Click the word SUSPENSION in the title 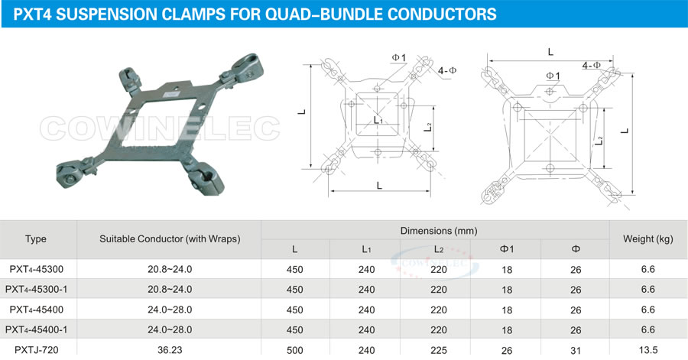pos(115,14)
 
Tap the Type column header pos(36,239)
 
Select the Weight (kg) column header pos(647,239)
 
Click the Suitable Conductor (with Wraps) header pos(170,239)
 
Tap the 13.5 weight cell pos(647,349)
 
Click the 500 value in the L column pos(295,349)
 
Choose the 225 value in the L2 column pos(438,349)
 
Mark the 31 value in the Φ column pos(576,349)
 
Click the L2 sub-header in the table pos(438,249)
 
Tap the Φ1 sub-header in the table pos(507,249)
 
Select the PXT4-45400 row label pos(36,310)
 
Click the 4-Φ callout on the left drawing pos(448,70)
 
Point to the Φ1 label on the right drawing pos(553,75)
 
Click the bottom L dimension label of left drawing pos(379,185)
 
